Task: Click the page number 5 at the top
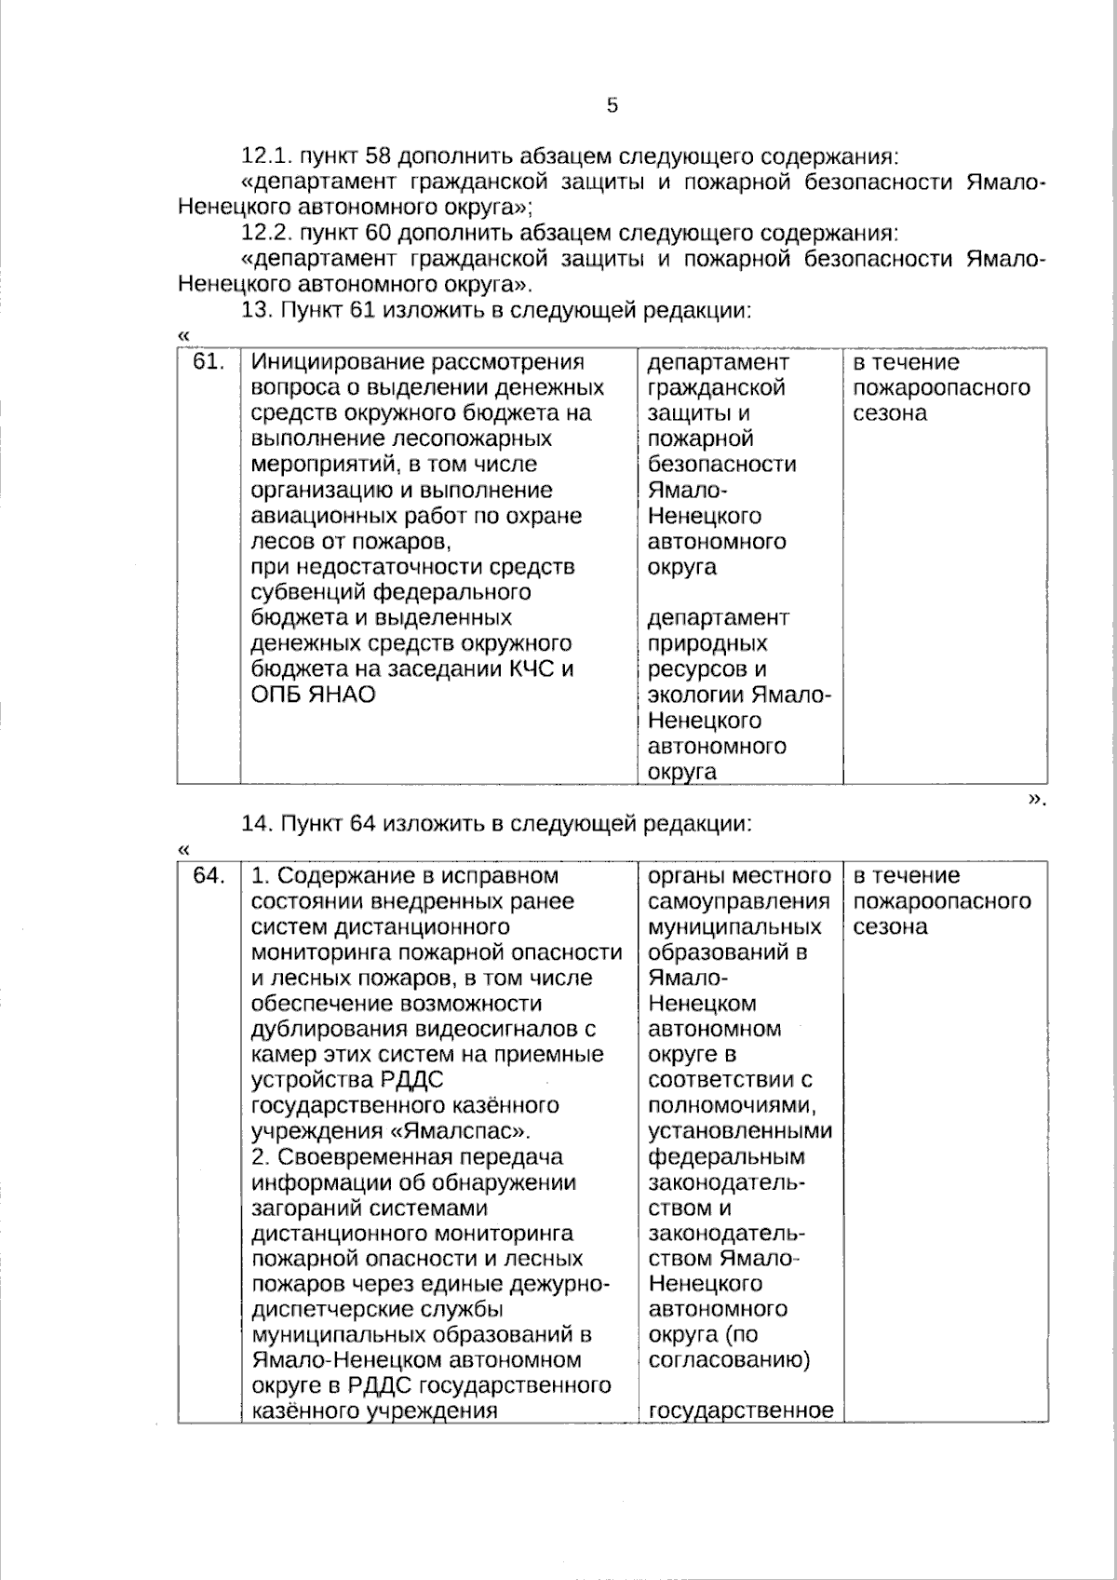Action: coord(612,105)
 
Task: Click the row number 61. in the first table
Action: coord(209,362)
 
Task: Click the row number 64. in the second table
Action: coord(209,875)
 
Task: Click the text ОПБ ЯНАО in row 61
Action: coord(313,695)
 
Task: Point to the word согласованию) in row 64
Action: coord(729,1360)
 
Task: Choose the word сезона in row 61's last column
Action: coord(890,413)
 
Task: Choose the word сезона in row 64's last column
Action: coord(890,926)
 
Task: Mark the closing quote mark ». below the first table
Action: coord(1037,800)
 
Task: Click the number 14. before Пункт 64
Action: coord(258,824)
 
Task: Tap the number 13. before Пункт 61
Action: coord(258,311)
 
